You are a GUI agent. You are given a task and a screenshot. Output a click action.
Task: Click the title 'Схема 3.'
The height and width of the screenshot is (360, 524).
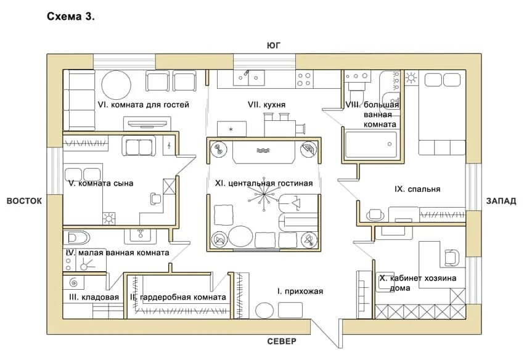point(71,17)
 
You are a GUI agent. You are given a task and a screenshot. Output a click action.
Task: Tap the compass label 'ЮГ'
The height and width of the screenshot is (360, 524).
point(274,46)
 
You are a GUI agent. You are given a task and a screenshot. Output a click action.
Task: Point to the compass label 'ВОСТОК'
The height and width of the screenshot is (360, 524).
point(25,201)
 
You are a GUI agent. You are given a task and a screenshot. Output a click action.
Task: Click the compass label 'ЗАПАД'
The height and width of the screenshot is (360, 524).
point(501,201)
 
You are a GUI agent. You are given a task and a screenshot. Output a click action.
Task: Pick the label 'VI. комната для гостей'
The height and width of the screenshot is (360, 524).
point(143,105)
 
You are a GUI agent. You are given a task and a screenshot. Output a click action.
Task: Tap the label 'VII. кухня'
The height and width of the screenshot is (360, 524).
point(267,105)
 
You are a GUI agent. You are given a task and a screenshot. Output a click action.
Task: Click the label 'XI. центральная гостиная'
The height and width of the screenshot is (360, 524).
point(264,183)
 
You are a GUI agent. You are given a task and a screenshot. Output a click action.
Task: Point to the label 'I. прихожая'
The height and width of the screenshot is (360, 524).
point(300,291)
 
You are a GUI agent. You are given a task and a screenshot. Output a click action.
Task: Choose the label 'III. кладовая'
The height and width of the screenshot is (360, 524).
point(93,297)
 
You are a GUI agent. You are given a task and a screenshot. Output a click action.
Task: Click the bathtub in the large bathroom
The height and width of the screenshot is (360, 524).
point(370,144)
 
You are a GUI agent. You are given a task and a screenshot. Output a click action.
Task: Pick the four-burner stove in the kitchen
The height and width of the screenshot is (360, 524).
point(304,78)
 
